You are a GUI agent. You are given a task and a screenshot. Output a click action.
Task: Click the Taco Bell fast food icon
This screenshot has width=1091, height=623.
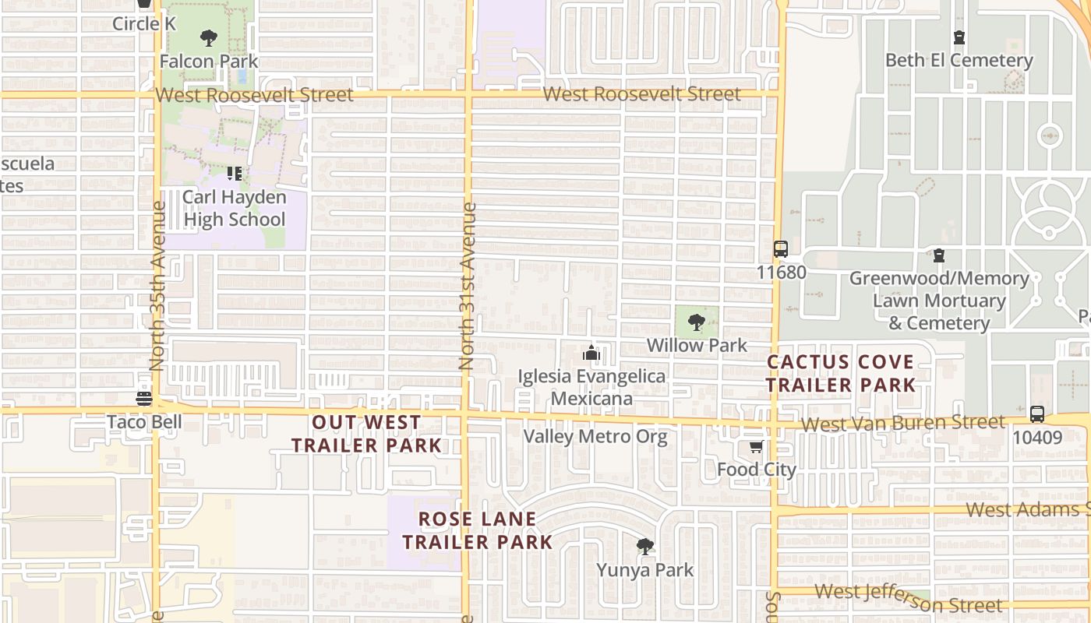144,399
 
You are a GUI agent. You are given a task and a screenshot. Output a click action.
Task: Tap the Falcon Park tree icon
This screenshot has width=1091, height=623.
208,37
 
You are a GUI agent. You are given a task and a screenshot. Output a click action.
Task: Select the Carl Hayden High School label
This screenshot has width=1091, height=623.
235,209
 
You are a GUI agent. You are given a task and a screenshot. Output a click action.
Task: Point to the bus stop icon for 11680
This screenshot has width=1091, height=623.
780,249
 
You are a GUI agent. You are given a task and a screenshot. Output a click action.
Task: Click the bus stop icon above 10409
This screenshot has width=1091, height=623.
1036,414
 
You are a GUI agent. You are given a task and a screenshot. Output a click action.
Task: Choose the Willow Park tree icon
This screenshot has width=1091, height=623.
697,322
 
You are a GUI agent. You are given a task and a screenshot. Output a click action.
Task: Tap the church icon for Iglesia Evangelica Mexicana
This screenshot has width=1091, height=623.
591,353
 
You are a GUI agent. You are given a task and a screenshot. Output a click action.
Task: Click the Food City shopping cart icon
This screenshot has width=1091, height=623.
756,447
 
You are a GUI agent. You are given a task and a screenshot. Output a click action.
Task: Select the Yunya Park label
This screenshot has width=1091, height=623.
644,570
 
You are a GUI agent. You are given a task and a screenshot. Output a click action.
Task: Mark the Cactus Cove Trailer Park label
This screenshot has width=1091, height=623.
840,374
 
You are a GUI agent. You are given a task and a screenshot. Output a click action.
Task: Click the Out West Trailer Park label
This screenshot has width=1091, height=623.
366,434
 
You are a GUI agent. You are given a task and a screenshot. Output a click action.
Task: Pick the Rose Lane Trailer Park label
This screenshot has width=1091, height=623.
477,530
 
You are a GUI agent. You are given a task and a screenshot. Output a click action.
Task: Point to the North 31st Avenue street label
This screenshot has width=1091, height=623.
468,286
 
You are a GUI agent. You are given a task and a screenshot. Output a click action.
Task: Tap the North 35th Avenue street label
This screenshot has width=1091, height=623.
157,286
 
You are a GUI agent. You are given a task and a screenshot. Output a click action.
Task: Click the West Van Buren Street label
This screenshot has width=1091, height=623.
903,424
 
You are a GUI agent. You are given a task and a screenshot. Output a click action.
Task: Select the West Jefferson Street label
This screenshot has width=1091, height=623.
908,598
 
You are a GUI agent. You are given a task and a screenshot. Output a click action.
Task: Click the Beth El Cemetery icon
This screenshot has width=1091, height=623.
959,37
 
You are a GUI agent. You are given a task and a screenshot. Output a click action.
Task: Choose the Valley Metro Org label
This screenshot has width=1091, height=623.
595,436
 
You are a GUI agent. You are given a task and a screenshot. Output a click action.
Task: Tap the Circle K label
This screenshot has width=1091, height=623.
144,23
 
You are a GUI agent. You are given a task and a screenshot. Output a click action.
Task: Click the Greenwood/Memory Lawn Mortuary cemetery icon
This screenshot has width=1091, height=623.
939,255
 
